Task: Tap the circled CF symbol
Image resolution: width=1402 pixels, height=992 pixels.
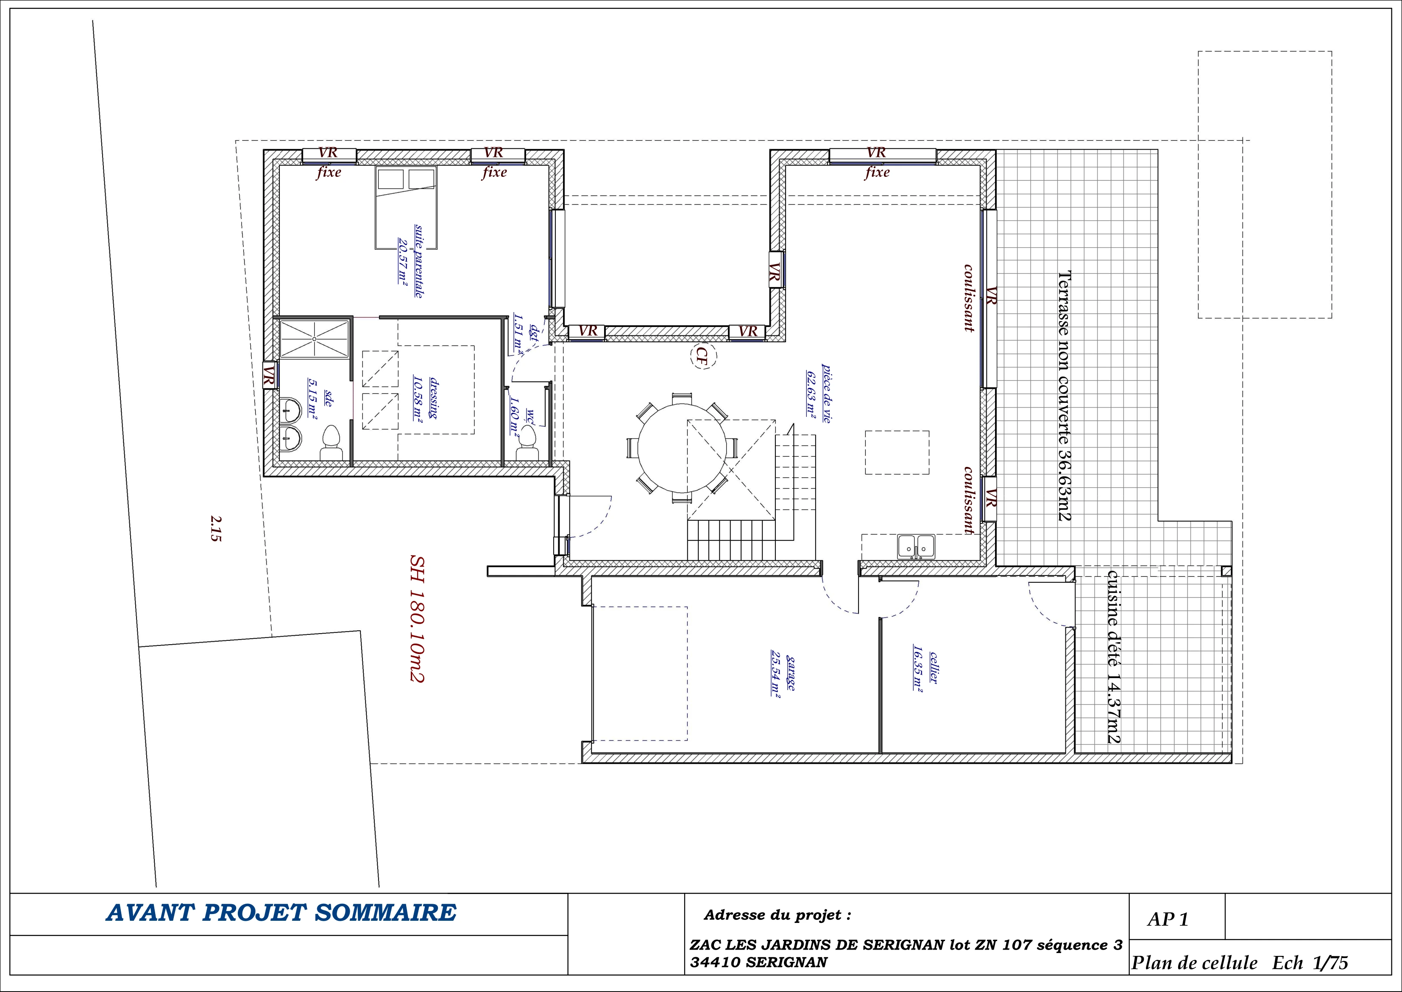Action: (702, 357)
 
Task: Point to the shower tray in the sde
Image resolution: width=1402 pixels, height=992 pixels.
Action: (315, 339)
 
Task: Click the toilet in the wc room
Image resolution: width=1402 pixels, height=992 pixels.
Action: (527, 443)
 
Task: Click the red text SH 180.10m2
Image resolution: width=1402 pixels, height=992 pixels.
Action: (417, 618)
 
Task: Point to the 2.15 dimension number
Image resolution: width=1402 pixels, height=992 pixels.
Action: (215, 528)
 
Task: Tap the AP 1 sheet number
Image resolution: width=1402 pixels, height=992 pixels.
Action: (1168, 919)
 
